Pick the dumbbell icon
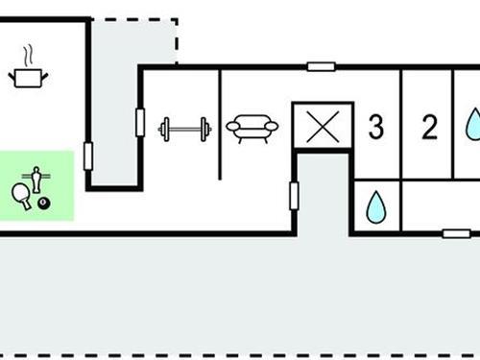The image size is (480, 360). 184,128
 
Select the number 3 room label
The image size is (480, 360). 376,127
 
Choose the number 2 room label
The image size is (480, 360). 429,127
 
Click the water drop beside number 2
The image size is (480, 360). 472,125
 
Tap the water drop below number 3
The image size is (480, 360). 375,205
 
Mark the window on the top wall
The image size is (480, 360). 321,67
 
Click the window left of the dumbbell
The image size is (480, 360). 140,122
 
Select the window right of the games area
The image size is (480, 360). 88,156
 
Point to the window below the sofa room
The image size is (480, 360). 294,196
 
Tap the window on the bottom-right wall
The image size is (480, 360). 455,233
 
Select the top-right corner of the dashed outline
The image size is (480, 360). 178,19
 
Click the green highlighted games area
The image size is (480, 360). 36,186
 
